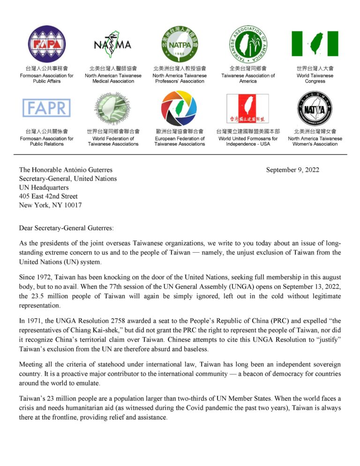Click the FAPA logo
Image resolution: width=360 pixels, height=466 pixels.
coord(46,44)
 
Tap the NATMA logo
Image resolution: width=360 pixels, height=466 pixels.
coord(112,44)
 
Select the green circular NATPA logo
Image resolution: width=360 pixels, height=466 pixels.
coord(180,44)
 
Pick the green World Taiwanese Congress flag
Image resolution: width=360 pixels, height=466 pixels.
coord(315,44)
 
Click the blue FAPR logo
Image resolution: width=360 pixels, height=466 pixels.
coord(46,108)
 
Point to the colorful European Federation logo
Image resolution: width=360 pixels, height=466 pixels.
coord(180,108)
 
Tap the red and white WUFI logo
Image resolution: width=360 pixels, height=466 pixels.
coord(247,108)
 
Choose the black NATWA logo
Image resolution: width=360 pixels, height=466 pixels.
coord(315,108)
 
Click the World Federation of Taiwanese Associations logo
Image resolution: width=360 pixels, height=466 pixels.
coord(112,108)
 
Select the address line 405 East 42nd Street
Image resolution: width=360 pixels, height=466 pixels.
coord(48,196)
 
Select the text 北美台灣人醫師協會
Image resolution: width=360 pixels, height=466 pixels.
coord(113,68)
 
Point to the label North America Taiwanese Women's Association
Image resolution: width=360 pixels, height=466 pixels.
coord(315,141)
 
